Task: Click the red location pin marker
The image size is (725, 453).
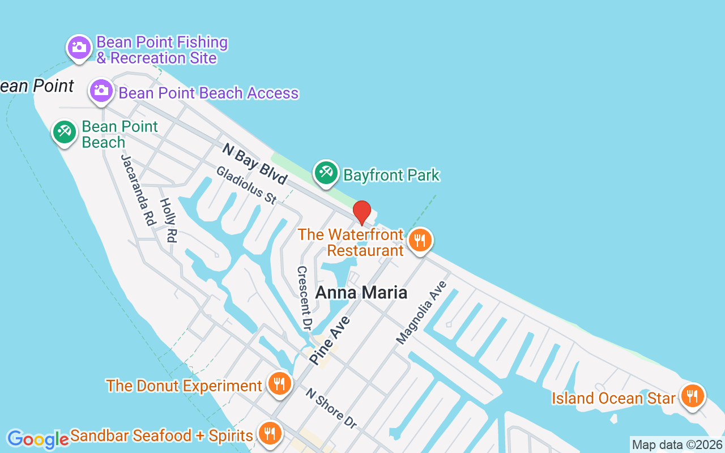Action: [x=362, y=212]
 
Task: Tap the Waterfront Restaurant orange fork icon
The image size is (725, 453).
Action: [x=419, y=240]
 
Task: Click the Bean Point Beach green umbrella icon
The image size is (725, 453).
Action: [x=64, y=132]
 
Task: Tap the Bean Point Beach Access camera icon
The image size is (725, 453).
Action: [x=101, y=91]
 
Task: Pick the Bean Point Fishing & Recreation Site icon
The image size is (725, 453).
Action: [x=79, y=48]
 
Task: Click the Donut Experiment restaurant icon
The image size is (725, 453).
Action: [x=279, y=384]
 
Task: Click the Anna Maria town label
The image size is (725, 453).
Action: [x=361, y=292]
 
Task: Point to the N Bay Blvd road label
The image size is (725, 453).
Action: [x=255, y=164]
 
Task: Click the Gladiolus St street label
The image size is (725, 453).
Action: [x=246, y=185]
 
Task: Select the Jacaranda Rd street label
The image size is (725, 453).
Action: [x=138, y=190]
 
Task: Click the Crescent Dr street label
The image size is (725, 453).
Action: [x=304, y=298]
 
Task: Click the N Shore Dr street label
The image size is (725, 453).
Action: [x=331, y=408]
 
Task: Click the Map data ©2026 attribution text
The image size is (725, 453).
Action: [x=677, y=445]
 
